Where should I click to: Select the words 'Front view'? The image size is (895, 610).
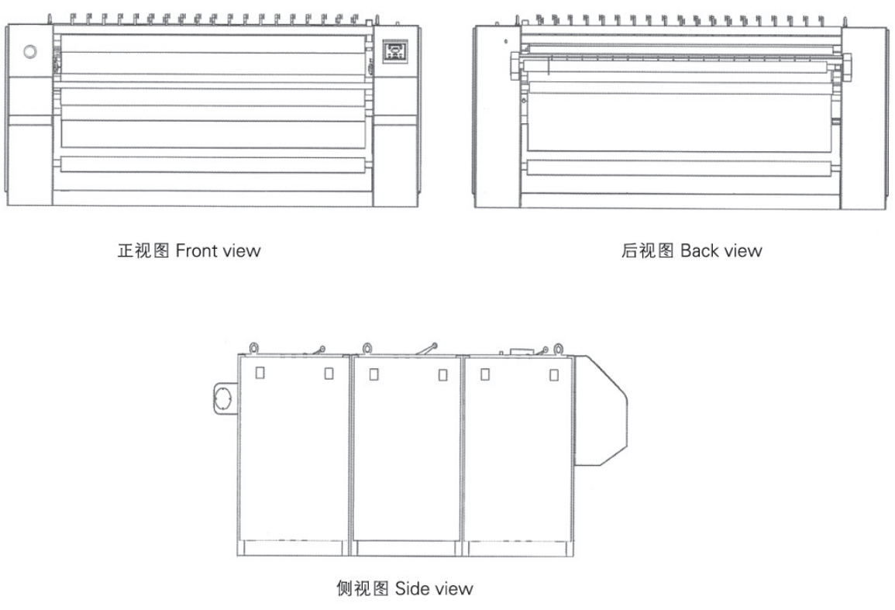pyautogui.click(x=218, y=251)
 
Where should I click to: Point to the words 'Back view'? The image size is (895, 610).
pyautogui.click(x=721, y=251)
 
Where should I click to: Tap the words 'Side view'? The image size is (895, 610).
pyautogui.click(x=434, y=588)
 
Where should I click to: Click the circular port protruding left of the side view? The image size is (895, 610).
pyautogui.click(x=222, y=398)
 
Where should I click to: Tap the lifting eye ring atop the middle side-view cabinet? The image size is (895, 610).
pyautogui.click(x=365, y=347)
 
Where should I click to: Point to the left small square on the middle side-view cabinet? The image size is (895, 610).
pyautogui.click(x=373, y=373)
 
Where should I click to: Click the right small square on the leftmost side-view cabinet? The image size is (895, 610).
pyautogui.click(x=329, y=373)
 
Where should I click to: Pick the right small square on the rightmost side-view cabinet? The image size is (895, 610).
pyautogui.click(x=553, y=374)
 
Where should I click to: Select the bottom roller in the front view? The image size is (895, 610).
pyautogui.click(x=211, y=164)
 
